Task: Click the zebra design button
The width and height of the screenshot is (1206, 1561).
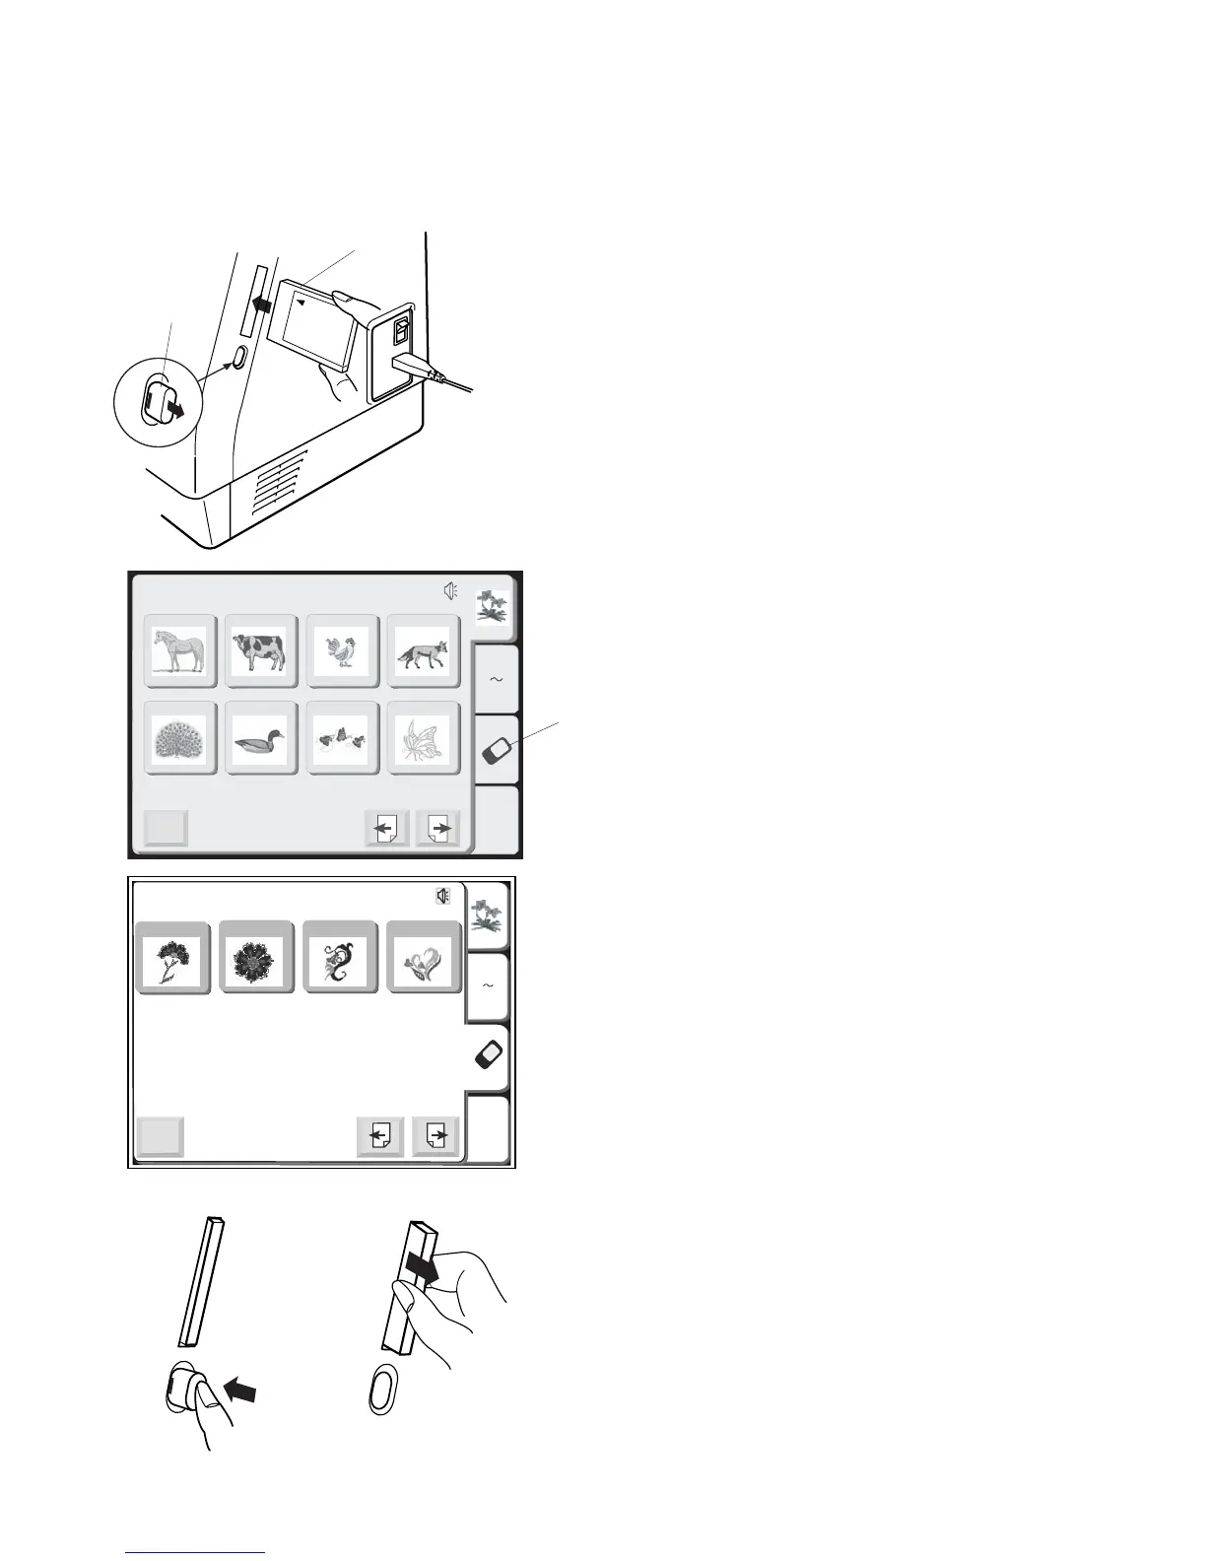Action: [x=180, y=650]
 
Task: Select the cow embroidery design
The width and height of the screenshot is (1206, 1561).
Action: [x=261, y=650]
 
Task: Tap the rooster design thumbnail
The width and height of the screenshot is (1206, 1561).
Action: [x=342, y=650]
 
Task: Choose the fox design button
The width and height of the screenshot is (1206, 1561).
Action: [x=423, y=650]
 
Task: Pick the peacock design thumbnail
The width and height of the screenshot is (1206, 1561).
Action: [x=180, y=737]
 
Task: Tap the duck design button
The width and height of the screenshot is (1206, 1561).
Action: [x=261, y=737]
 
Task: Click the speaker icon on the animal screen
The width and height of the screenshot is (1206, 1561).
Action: [x=450, y=591]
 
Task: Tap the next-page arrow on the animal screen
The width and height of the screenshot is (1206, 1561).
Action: [x=439, y=829]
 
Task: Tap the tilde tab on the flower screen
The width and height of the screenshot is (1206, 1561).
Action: [x=488, y=985]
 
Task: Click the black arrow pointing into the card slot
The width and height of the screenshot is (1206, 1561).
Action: [x=263, y=305]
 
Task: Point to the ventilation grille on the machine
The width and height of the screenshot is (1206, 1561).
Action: [x=281, y=483]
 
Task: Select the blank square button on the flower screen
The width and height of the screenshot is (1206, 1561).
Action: [x=159, y=1137]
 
